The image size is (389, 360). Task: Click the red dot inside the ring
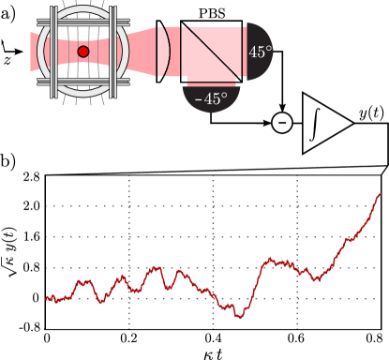[82, 52]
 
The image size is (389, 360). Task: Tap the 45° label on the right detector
[259, 52]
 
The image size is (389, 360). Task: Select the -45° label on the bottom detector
[211, 98]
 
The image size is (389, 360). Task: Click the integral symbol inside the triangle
[317, 123]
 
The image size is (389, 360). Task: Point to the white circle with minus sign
[282, 123]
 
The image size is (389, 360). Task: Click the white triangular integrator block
[323, 123]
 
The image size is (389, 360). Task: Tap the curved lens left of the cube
[165, 52]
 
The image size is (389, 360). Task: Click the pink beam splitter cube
[212, 52]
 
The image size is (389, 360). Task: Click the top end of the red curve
[380, 194]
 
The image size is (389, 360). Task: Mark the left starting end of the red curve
[46, 299]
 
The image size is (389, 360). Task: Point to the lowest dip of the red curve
[240, 317]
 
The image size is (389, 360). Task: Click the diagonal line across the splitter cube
[212, 52]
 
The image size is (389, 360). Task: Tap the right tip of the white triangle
[351, 123]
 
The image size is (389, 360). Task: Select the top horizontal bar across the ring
[82, 21]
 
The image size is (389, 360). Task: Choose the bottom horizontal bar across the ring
[82, 82]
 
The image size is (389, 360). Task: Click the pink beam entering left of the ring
[35, 52]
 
